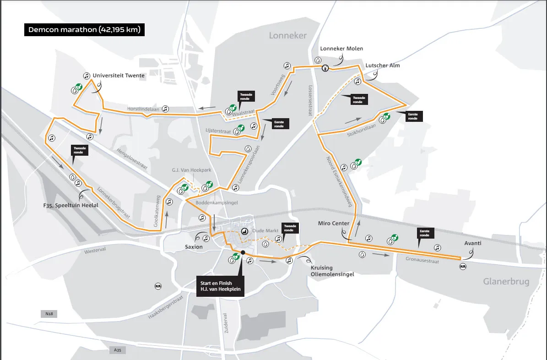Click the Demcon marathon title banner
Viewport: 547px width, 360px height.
[85, 30]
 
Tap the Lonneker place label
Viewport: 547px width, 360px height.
[287, 35]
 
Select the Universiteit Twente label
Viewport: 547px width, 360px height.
[119, 76]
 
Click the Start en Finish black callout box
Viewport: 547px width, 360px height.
[220, 286]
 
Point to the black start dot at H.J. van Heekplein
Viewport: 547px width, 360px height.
[243, 252]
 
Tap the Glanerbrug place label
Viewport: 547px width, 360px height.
[506, 281]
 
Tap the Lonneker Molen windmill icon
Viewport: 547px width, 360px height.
[325, 68]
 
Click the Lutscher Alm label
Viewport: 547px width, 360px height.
[382, 65]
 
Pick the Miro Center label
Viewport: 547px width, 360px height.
[334, 224]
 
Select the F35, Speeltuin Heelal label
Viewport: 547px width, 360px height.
[71, 205]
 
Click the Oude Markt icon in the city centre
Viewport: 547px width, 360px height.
[244, 232]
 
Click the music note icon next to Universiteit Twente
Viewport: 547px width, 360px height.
[86, 76]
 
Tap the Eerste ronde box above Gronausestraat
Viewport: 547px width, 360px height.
[425, 233]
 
